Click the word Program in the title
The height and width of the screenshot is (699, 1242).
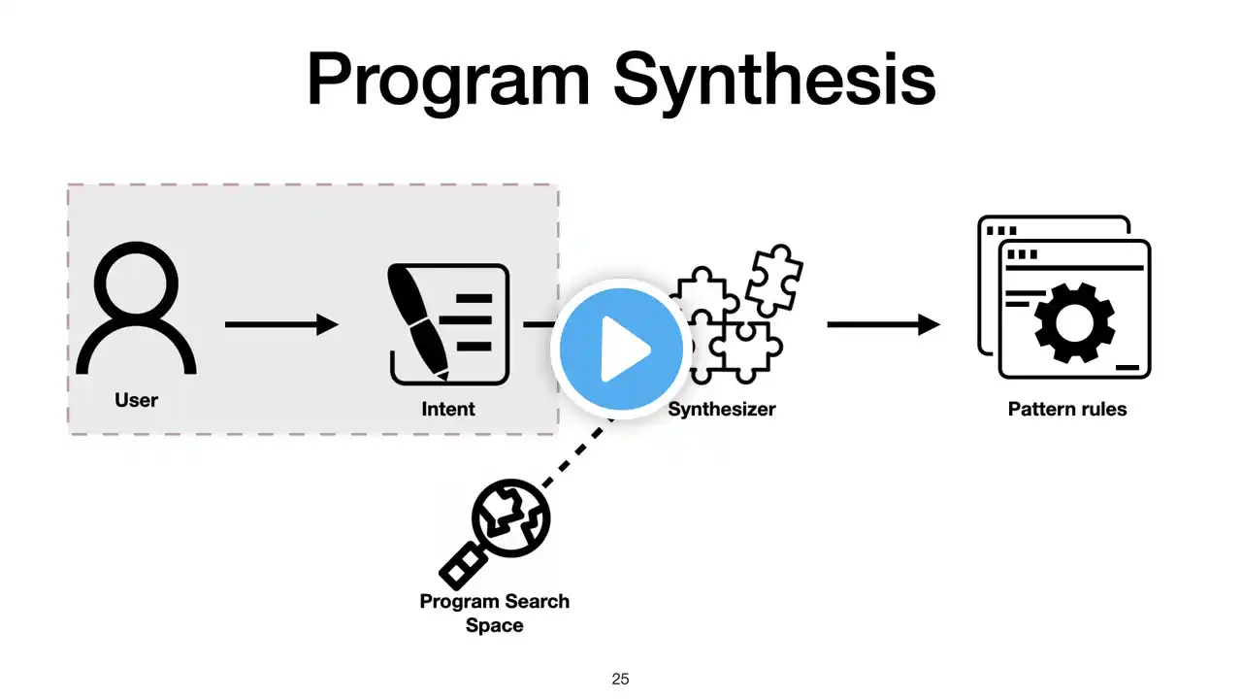447,80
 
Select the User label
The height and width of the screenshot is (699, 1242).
136,400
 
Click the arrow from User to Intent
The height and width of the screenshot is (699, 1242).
281,324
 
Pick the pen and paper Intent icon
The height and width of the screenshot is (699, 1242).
448,324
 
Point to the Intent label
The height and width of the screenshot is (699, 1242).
448,409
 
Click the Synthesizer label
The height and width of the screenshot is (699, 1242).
722,409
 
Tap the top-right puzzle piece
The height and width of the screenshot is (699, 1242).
774,278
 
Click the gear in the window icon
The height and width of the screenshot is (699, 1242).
1073,322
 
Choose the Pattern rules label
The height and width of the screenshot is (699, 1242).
1067,409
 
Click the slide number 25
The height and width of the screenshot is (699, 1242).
621,680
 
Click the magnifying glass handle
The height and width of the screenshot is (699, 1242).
462,562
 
